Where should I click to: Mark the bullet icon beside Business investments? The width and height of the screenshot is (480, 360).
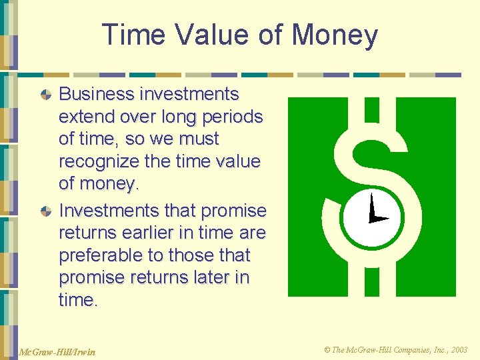pos(46,95)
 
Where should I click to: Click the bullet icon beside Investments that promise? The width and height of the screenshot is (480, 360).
pos(46,211)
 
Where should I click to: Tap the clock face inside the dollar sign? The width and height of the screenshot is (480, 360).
pos(372,217)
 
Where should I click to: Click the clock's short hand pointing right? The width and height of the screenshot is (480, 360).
pos(379,219)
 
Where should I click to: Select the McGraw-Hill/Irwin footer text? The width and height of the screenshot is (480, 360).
pos(57,351)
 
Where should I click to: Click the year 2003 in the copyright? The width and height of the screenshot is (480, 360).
pos(459,350)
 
